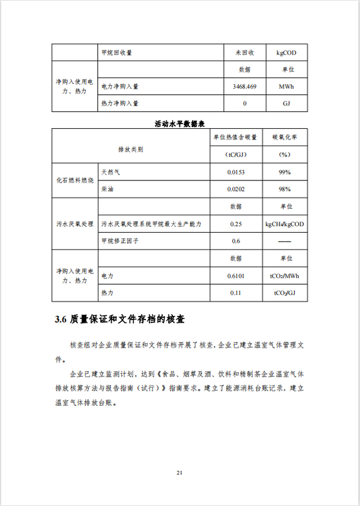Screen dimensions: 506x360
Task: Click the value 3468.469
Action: pos(244,86)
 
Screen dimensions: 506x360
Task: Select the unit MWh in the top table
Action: pos(286,86)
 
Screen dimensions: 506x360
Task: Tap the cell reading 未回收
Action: pos(244,53)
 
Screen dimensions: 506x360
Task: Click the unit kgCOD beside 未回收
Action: pos(286,53)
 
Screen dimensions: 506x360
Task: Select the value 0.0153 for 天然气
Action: pos(236,172)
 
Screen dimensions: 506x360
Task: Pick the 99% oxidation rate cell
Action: pos(284,172)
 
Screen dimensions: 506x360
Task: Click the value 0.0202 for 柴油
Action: pos(236,189)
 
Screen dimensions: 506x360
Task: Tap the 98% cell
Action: pos(284,189)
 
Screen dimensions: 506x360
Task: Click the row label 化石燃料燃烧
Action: pos(75,180)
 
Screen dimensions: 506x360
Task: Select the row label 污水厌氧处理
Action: pos(75,224)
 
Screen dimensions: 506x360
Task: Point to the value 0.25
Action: pos(236,224)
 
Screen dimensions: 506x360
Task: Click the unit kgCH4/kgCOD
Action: pos(284,224)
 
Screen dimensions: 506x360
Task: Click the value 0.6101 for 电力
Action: pos(236,276)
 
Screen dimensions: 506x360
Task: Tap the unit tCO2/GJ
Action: pos(284,293)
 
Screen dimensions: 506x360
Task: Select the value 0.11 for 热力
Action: pos(236,293)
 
